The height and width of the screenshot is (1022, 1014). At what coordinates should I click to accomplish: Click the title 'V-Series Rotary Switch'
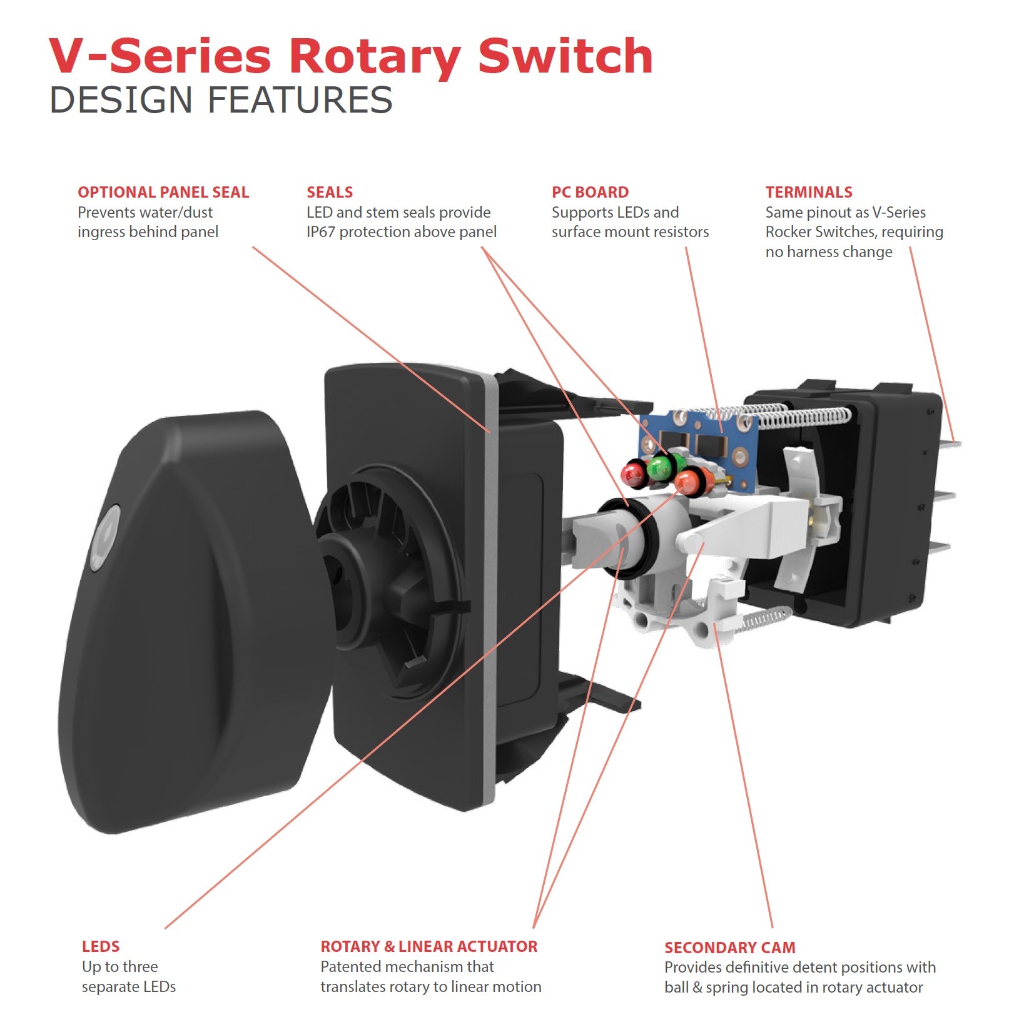click(350, 56)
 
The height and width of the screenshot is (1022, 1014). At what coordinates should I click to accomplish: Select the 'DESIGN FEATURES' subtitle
click(221, 100)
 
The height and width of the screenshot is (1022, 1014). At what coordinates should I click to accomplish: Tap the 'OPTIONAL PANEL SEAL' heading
click(163, 192)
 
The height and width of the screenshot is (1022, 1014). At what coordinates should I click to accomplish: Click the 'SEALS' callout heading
click(330, 192)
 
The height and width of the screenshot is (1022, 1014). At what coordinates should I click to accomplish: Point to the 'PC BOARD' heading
click(590, 192)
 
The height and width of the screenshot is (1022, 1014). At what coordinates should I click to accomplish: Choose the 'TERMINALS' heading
click(809, 192)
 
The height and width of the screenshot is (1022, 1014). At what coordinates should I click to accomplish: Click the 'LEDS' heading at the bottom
click(101, 946)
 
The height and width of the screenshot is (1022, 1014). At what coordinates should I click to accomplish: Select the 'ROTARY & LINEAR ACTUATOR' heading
click(428, 946)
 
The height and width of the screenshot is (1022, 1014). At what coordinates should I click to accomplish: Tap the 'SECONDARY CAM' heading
click(729, 948)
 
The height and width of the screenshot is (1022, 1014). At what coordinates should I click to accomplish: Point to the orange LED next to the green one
click(688, 481)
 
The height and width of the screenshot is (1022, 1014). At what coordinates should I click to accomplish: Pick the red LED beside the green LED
click(634, 472)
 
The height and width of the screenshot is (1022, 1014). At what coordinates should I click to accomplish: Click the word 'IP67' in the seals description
click(320, 232)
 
